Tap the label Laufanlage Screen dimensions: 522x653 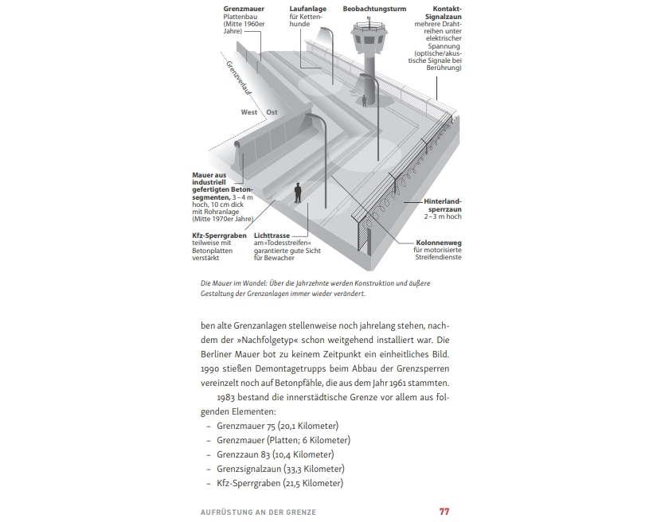point(307,9)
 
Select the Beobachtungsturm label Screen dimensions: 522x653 point(374,9)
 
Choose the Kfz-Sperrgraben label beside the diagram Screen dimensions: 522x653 point(218,236)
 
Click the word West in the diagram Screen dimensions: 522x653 point(249,112)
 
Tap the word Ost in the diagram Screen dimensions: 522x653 point(272,112)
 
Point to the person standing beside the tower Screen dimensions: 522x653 point(365,101)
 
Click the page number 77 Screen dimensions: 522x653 point(444,511)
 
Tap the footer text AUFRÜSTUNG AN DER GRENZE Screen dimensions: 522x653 point(258,512)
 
